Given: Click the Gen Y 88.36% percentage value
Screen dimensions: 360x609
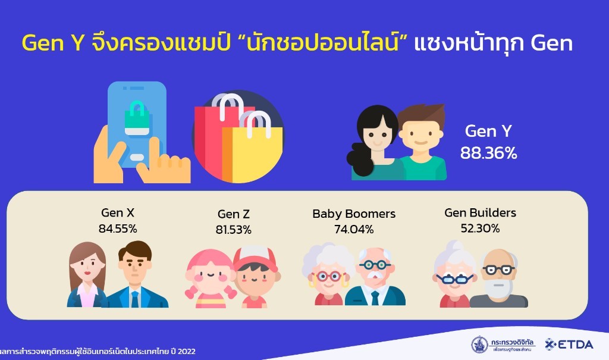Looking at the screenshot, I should [488, 153].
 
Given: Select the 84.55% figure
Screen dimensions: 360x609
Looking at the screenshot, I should [118, 227].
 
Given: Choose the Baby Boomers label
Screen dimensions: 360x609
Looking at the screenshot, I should [354, 214].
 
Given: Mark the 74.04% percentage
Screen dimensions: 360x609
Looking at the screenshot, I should [354, 228].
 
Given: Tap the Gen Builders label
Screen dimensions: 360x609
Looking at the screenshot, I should [480, 212].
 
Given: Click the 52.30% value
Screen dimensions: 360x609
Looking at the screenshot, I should [480, 227].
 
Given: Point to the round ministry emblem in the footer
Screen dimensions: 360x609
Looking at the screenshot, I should [479, 345].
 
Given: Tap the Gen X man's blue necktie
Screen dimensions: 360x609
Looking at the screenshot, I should [134, 298].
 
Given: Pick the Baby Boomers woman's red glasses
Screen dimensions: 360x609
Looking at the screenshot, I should [329, 276].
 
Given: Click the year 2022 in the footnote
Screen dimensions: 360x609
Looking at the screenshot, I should [186, 351].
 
